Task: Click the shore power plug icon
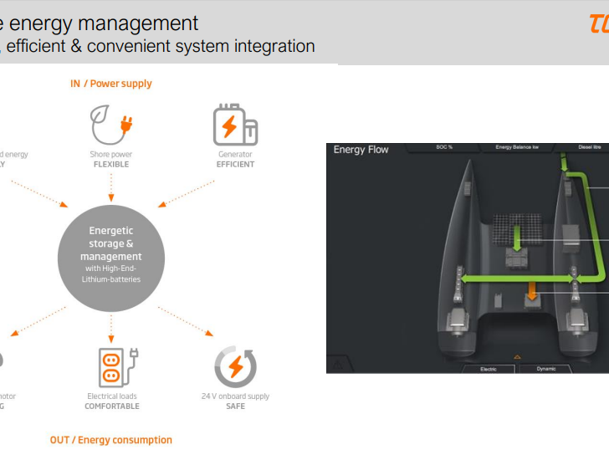111,125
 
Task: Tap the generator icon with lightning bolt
234,125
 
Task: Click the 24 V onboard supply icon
235,367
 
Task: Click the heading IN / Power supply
111,84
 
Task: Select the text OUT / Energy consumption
111,440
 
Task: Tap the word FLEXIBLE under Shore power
111,165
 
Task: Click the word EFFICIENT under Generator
235,165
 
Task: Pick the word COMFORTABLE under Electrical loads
112,406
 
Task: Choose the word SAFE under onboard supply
235,406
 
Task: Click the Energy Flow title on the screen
361,150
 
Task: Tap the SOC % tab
443,147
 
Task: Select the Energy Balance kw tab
516,147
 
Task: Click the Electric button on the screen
487,368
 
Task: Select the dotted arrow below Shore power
111,191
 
